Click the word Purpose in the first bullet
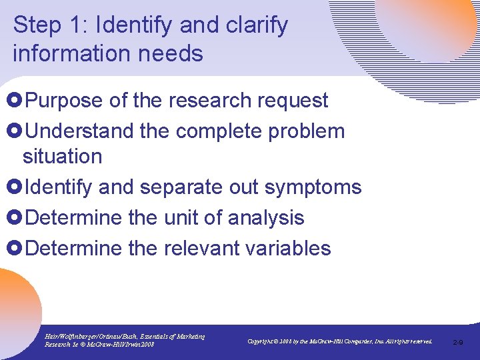(x=64, y=101)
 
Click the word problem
(x=310, y=131)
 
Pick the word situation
(x=62, y=157)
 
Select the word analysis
(x=266, y=217)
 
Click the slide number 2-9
(x=458, y=342)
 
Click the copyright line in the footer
(x=339, y=341)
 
